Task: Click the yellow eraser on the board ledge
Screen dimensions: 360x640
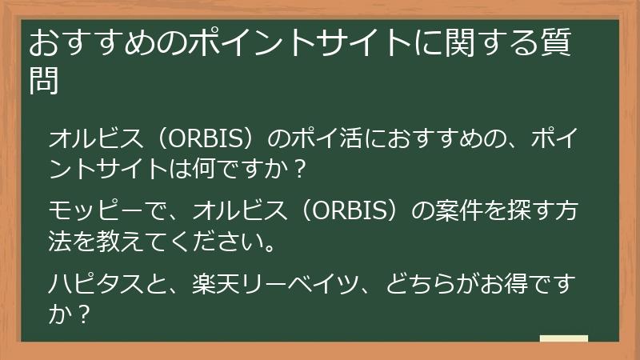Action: (563, 338)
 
